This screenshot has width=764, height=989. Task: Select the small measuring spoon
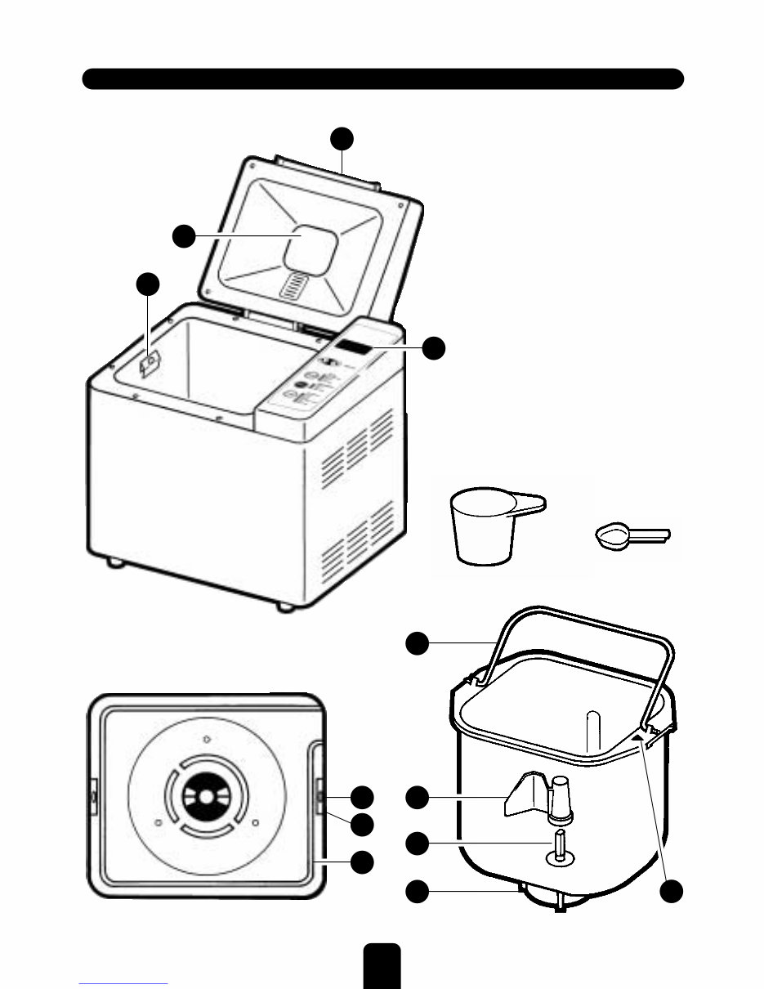[614, 537]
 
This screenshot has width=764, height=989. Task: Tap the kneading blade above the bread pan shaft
[523, 797]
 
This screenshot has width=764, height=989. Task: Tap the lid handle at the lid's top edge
[327, 168]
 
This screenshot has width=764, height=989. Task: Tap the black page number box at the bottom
[382, 965]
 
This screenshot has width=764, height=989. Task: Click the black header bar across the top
[382, 78]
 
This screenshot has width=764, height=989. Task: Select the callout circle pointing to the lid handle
[343, 138]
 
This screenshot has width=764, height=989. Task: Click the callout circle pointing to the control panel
[434, 347]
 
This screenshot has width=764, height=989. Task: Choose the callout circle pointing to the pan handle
[418, 643]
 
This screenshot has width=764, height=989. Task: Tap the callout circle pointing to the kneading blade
[418, 797]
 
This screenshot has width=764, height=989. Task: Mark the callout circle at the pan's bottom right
[672, 892]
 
